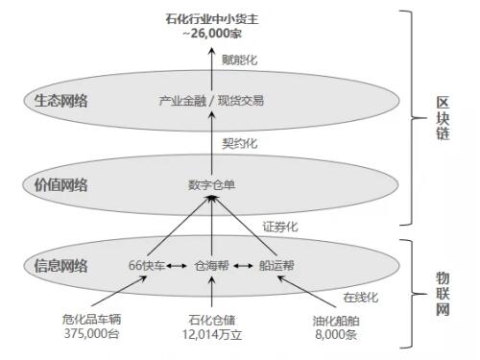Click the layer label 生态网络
[60, 101]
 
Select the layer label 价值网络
[60, 185]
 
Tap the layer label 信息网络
[60, 266]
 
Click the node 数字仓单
[211, 185]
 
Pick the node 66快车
[147, 265]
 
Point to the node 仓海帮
[212, 265]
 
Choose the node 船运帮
[276, 265]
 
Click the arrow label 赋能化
[240, 60]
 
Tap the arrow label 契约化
[240, 143]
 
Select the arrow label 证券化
[280, 227]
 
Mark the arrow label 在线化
[361, 298]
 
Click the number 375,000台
[91, 333]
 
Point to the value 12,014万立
[212, 334]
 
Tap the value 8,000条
[336, 334]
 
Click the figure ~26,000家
[212, 33]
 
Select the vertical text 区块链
[443, 118]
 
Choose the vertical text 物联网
[443, 294]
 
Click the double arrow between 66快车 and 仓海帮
[177, 266]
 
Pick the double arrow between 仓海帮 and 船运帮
[243, 266]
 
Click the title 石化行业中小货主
[212, 19]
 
